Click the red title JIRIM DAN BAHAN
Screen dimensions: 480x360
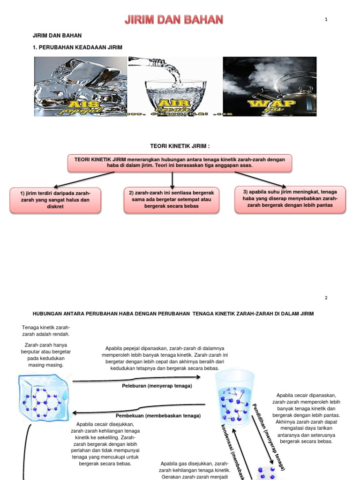pyautogui.click(x=173, y=20)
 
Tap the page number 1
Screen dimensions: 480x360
pyautogui.click(x=325, y=19)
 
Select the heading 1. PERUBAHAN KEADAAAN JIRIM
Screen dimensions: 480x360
pyautogui.click(x=77, y=47)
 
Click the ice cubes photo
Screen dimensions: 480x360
pyautogui.click(x=81, y=86)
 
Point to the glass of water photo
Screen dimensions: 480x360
pyautogui.click(x=175, y=86)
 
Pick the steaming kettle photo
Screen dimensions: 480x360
pyautogui.click(x=270, y=86)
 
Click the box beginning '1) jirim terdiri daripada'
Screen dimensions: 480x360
pyautogui.click(x=55, y=200)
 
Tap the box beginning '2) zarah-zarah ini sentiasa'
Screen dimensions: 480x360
pyautogui.click(x=172, y=200)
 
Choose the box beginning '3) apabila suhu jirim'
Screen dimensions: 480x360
pyautogui.click(x=290, y=199)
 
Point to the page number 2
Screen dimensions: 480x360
pyautogui.click(x=326, y=298)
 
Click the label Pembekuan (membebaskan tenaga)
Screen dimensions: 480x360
pyautogui.click(x=158, y=416)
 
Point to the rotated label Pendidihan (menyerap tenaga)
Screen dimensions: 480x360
pyautogui.click(x=269, y=436)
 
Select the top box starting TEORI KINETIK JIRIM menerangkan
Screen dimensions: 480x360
pyautogui.click(x=180, y=163)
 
